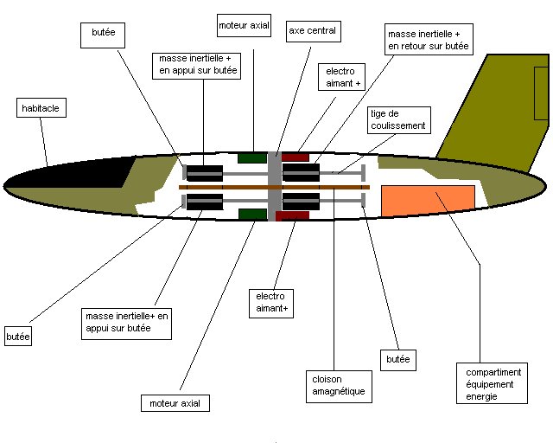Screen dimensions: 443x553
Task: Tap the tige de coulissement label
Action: (398, 119)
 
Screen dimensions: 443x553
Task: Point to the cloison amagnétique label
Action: (338, 385)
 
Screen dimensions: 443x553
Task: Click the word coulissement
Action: (398, 125)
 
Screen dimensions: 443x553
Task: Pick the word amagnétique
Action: (338, 391)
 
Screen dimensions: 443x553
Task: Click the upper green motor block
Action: (251, 157)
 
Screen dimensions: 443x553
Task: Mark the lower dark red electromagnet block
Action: (292, 215)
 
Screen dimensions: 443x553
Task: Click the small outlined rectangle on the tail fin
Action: (541, 92)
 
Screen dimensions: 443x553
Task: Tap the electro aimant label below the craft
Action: (270, 302)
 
